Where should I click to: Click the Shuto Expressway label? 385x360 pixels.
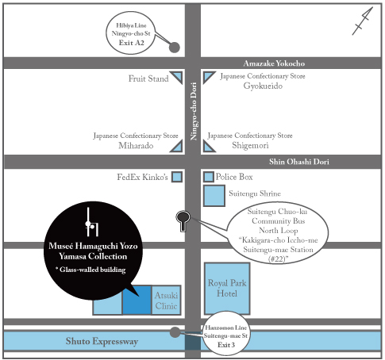point(102,341)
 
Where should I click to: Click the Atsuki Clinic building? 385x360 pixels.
point(165,300)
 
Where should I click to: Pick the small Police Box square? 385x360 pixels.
point(209,176)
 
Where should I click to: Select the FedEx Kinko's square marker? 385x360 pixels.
point(177,176)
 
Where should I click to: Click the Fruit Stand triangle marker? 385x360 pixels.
point(179,78)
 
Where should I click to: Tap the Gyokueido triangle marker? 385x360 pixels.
point(208,78)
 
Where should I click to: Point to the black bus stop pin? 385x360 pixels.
point(183,219)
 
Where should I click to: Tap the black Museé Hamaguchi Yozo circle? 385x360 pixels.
point(94,240)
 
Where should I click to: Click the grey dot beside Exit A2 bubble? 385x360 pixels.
point(175,47)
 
